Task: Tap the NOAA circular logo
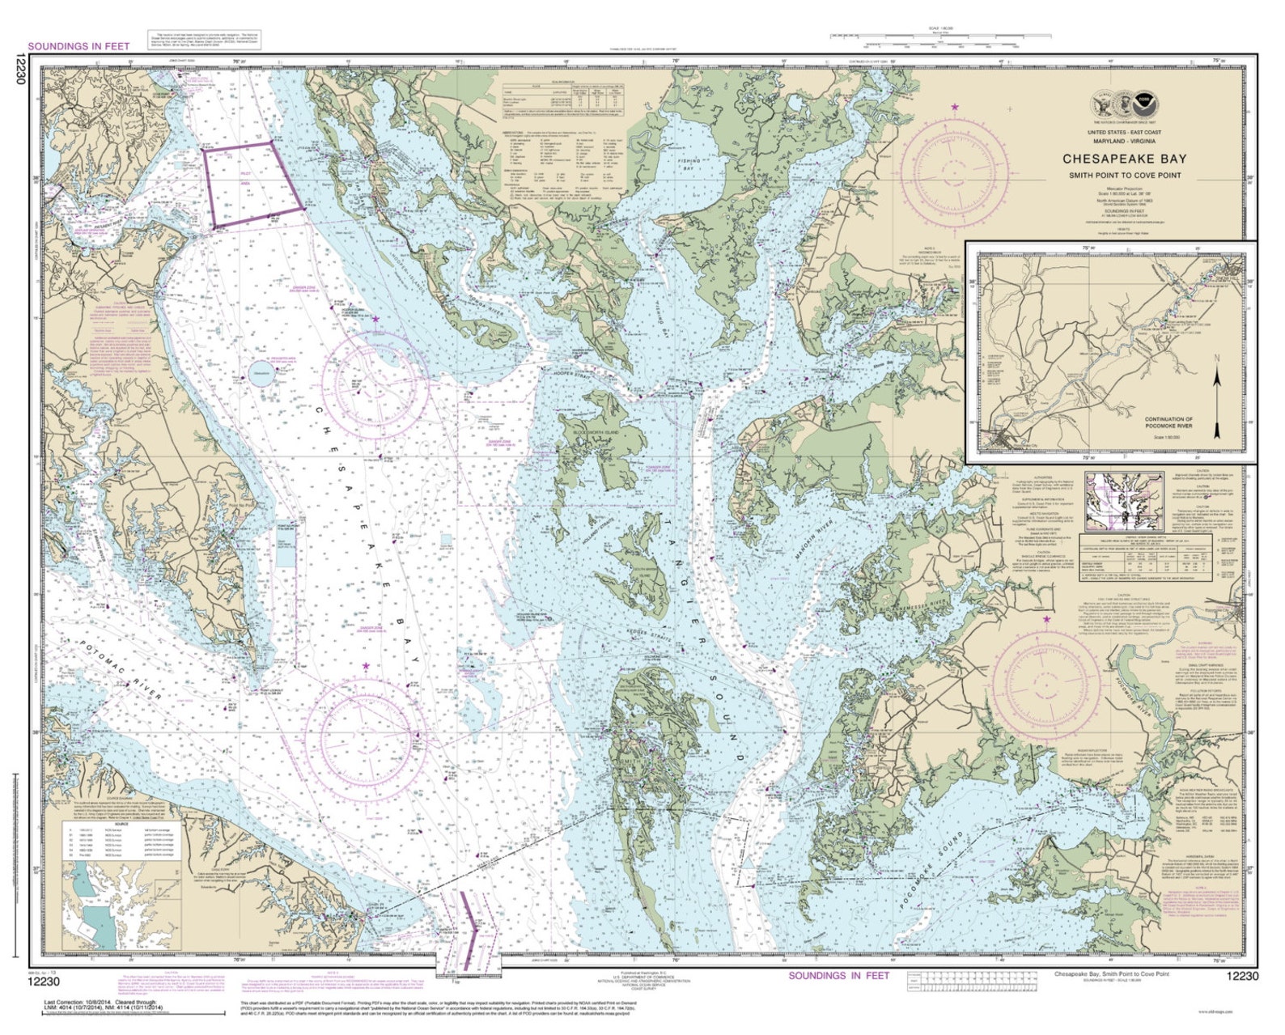pos(1143,102)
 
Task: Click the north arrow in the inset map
pos(1216,397)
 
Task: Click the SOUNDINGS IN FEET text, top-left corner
pos(78,46)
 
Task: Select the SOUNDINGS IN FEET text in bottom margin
pos(838,975)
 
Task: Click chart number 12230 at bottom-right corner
pos(1242,976)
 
